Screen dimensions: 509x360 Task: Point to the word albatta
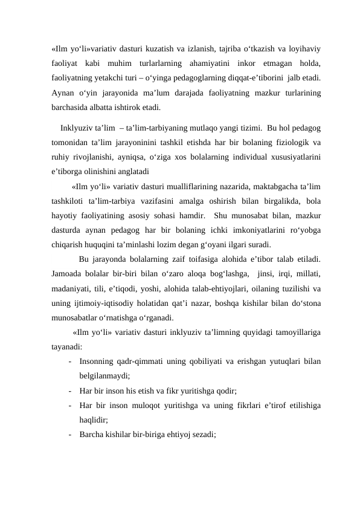point(100,109)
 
